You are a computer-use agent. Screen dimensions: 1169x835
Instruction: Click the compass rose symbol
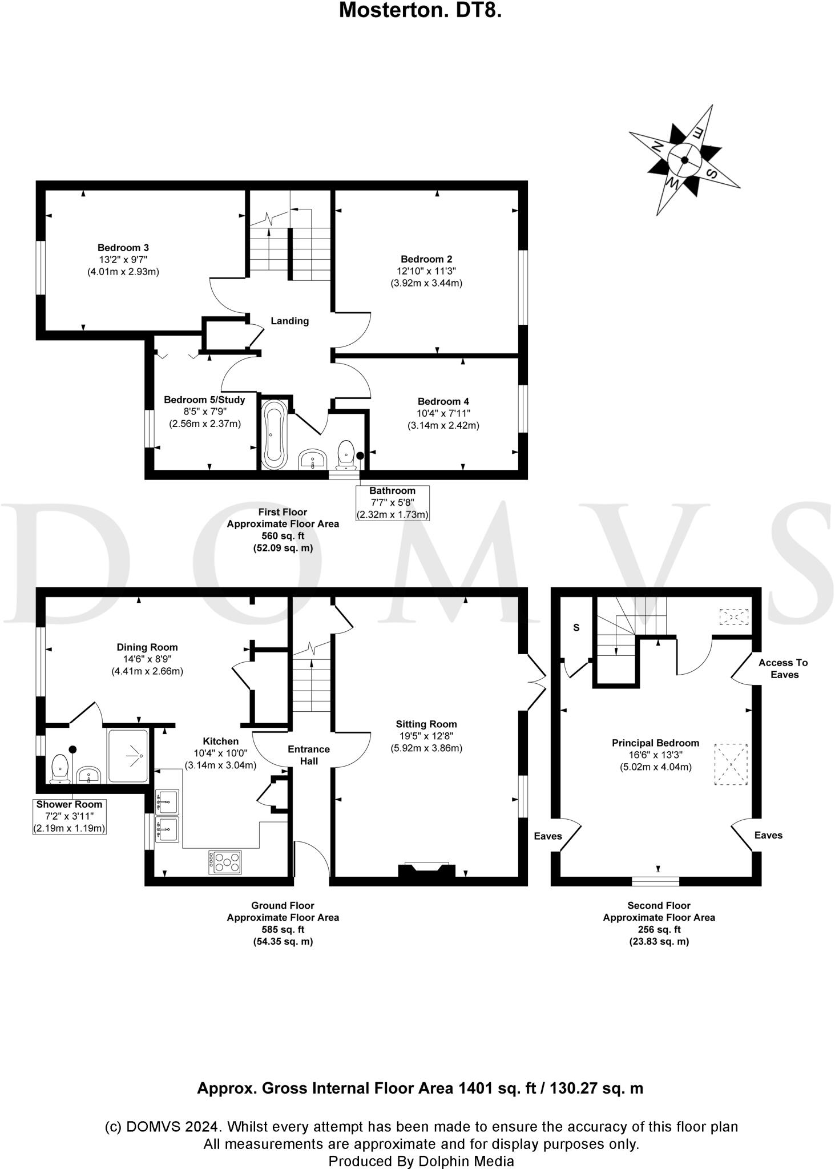point(684,160)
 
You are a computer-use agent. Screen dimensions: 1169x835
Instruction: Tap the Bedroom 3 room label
point(123,248)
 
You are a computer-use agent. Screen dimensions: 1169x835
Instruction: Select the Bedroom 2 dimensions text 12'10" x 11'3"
point(426,271)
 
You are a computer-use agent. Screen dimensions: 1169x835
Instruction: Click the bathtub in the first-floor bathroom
point(274,435)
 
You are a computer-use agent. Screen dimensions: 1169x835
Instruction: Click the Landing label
point(289,321)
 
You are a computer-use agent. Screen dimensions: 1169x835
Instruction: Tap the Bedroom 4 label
point(443,401)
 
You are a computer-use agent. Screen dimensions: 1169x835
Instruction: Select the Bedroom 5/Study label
point(204,400)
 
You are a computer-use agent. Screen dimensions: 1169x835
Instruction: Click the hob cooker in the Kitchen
point(225,862)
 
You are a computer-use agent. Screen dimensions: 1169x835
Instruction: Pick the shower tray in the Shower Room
point(128,756)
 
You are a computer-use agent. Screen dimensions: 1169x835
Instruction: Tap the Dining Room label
point(147,647)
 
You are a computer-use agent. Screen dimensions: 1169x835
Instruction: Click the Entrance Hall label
point(309,755)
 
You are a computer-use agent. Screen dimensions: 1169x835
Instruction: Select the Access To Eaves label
point(783,668)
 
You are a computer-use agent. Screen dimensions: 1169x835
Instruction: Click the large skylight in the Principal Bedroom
point(731,764)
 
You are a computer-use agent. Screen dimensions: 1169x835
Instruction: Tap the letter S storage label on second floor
point(576,628)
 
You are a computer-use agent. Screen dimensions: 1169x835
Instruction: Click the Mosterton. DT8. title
point(420,10)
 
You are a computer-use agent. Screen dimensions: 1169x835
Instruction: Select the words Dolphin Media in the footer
point(466,1161)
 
